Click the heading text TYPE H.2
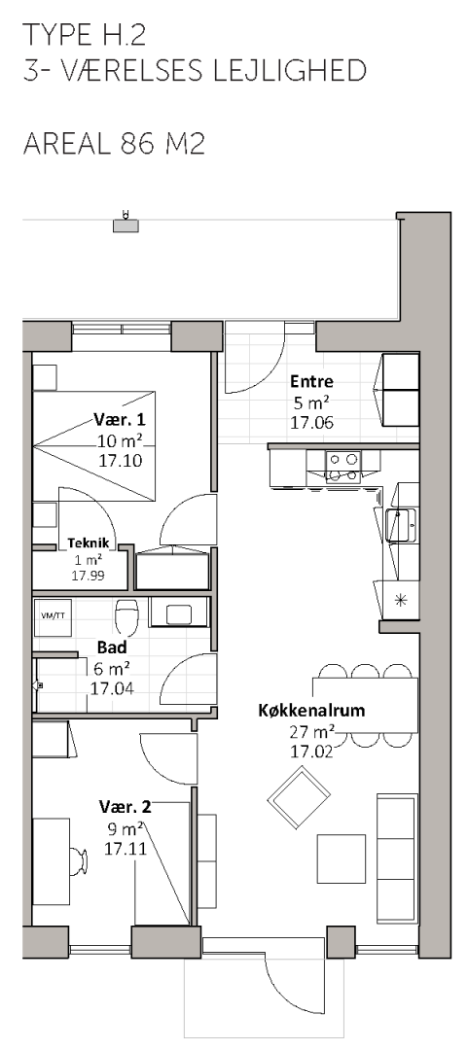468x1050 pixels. click(x=84, y=34)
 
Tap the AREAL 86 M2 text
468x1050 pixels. click(x=113, y=143)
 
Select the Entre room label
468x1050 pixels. click(x=311, y=382)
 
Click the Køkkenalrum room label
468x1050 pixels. click(x=311, y=711)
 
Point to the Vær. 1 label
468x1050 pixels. click(x=120, y=421)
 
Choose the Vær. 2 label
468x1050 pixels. click(x=125, y=806)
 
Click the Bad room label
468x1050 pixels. click(x=112, y=647)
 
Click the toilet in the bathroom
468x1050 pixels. click(x=126, y=616)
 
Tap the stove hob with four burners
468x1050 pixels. click(x=342, y=467)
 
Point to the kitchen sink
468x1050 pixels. click(x=401, y=525)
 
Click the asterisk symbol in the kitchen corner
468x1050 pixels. click(x=400, y=600)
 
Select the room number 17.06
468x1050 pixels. click(x=311, y=423)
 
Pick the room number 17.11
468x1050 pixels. click(x=125, y=847)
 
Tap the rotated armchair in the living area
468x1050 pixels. click(x=299, y=797)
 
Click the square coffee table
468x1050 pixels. click(x=342, y=858)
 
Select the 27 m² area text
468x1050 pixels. click(x=311, y=731)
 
